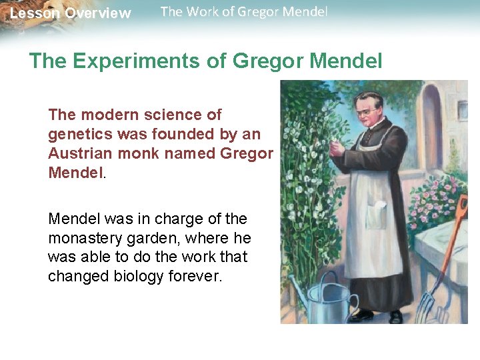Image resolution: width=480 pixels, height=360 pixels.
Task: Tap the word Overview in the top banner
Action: [98, 13]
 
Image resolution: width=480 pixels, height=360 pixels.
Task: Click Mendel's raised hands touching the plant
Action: [337, 149]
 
